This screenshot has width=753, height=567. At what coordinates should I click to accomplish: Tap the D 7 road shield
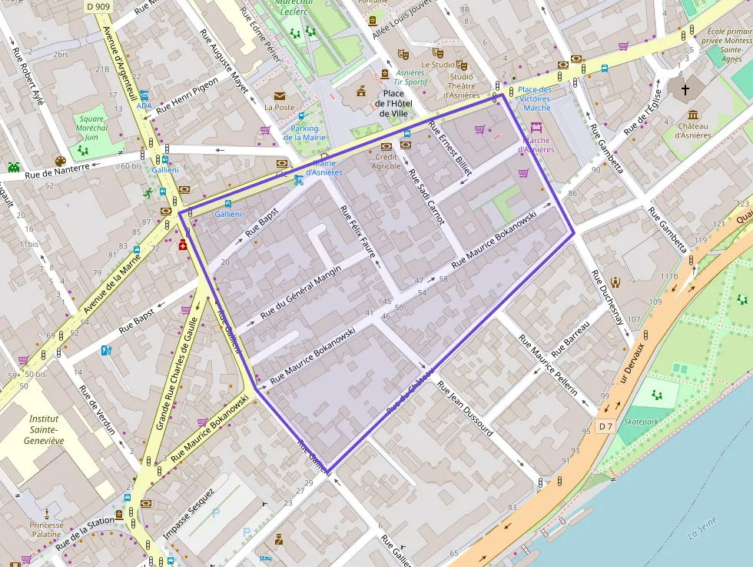click(605, 426)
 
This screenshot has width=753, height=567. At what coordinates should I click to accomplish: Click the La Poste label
click(279, 108)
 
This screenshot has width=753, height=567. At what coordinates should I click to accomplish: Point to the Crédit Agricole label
click(386, 161)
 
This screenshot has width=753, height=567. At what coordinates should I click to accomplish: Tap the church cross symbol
click(684, 89)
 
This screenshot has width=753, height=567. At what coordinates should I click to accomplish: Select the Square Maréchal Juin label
click(91, 128)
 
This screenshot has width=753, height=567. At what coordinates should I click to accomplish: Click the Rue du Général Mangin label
click(300, 291)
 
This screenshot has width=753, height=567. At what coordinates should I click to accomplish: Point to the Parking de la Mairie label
click(305, 133)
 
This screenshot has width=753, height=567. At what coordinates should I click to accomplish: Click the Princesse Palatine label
click(47, 529)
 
